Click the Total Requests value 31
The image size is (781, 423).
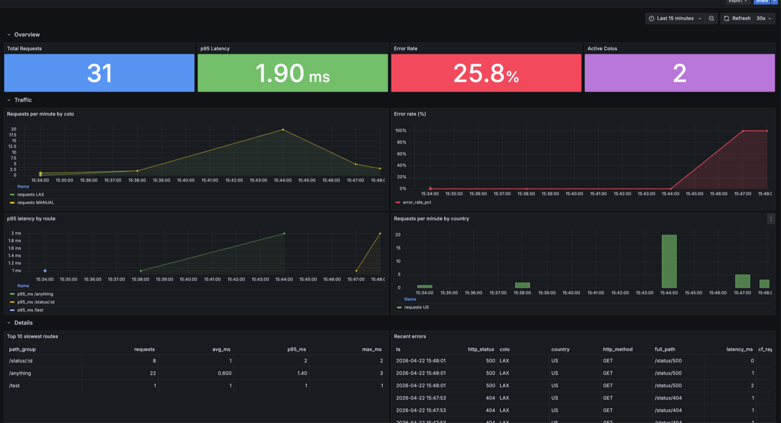(100, 73)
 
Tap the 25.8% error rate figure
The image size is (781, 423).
(486, 73)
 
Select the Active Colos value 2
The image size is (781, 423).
(679, 73)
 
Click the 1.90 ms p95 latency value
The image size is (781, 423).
(292, 73)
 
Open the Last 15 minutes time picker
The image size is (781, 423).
(675, 19)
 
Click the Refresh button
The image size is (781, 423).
(737, 19)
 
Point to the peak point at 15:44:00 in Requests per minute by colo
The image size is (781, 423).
(283, 130)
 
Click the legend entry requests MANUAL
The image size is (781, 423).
(36, 202)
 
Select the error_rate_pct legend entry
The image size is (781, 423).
(417, 202)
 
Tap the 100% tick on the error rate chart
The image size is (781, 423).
(401, 131)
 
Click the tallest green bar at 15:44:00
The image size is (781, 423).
(669, 261)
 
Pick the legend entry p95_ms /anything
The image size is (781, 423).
(35, 294)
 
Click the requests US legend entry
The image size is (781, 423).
(416, 307)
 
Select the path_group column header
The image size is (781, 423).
(22, 349)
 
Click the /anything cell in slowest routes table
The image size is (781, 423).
(20, 373)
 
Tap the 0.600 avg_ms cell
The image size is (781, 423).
(225, 373)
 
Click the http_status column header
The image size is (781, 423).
(481, 349)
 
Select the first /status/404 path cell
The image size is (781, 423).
(668, 398)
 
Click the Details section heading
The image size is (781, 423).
(23, 323)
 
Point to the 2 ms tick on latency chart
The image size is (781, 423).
(16, 233)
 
